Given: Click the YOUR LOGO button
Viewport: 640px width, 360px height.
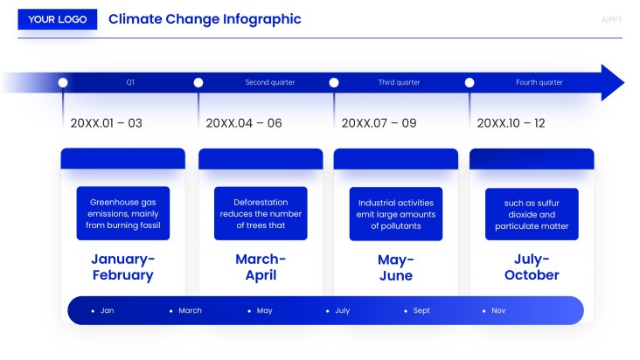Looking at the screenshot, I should click(58, 19).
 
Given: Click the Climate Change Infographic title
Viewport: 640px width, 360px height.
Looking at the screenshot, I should click(205, 19).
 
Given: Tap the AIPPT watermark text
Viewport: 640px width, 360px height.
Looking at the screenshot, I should click(612, 19).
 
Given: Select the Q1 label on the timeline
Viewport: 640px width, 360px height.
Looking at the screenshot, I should click(130, 82).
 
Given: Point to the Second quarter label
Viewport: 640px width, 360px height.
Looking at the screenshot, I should click(269, 82).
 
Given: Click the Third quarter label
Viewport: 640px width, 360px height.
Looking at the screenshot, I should click(399, 82).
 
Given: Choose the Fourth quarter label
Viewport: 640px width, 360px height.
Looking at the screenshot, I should click(539, 82).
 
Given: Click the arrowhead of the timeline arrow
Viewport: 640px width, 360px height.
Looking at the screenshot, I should click(611, 82).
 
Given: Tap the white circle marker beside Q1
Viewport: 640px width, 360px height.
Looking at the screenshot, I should click(63, 82).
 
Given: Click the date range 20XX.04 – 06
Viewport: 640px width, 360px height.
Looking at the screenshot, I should click(244, 123).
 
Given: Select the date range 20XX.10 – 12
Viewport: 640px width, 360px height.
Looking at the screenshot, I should click(511, 123).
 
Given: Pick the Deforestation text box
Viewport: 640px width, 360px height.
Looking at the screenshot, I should click(261, 214).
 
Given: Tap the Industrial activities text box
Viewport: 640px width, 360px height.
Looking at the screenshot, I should click(396, 214).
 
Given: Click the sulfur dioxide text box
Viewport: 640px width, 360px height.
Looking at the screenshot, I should click(532, 214).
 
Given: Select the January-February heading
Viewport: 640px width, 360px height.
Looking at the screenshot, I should click(122, 267).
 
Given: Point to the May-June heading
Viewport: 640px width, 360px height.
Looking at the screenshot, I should click(395, 267).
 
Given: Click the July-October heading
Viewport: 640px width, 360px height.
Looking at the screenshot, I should click(532, 267).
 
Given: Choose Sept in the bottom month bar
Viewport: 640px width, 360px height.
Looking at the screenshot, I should click(421, 310).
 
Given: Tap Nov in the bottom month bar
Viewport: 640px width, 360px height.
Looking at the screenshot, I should click(498, 310).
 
